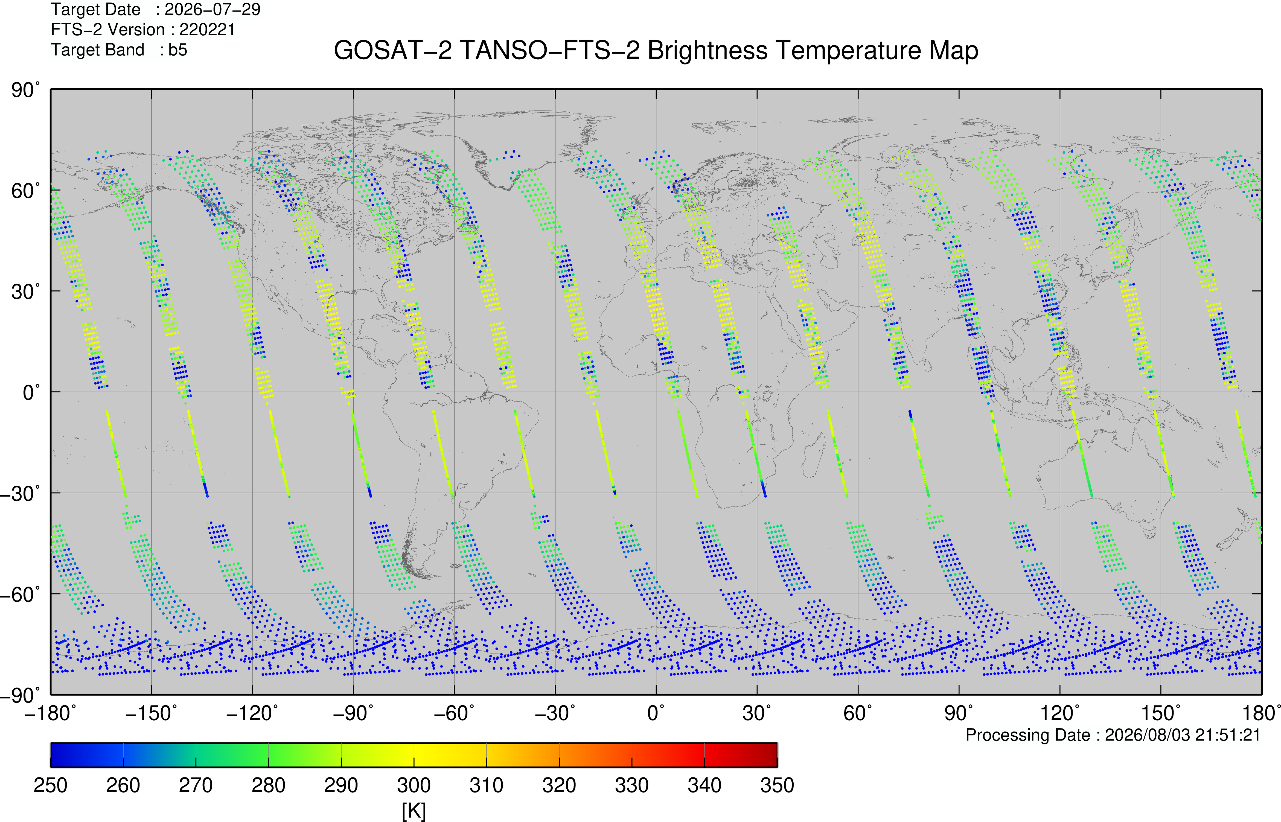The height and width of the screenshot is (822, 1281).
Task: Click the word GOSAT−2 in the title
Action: (393, 51)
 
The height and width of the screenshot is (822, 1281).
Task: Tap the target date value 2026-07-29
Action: (212, 10)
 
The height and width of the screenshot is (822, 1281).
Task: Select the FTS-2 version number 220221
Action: (207, 29)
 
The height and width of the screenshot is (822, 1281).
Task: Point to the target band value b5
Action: (178, 50)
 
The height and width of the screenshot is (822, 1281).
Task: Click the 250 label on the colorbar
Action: (51, 785)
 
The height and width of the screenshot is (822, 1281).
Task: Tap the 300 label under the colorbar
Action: (414, 785)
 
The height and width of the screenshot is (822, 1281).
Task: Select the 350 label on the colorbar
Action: (777, 785)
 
